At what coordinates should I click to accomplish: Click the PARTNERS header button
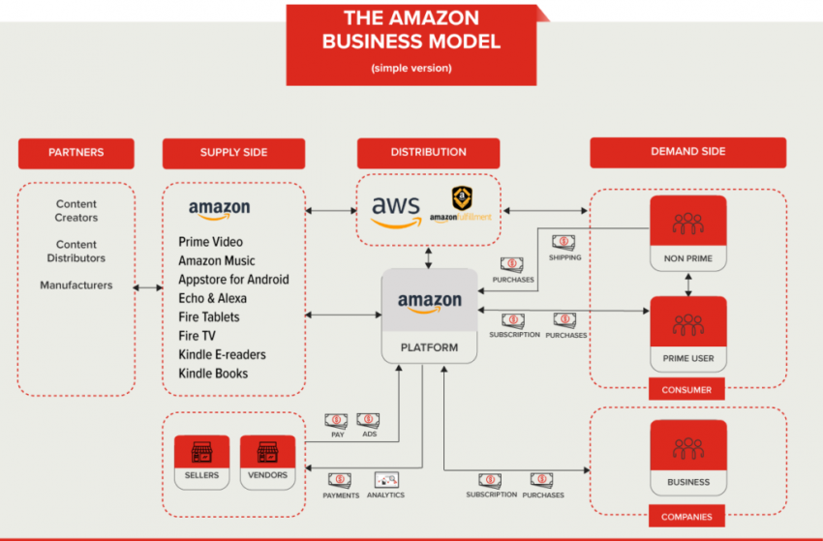point(76,153)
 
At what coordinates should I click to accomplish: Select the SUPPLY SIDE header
point(233,153)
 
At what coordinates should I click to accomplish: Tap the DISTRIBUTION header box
point(428,153)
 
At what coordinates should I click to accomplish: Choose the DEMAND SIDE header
point(687,152)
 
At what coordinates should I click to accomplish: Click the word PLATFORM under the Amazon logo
point(429,346)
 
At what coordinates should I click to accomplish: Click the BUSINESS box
point(688,458)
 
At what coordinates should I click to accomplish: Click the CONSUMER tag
point(686,390)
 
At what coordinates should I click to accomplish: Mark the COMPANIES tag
point(686,517)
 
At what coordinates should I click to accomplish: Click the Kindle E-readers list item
point(222,355)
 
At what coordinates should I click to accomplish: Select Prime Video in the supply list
point(210,242)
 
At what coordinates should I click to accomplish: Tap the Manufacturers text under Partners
point(76,286)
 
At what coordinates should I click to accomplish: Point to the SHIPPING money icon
point(564,243)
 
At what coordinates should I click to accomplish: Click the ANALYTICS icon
point(386,480)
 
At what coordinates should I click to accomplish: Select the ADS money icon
point(368,421)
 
